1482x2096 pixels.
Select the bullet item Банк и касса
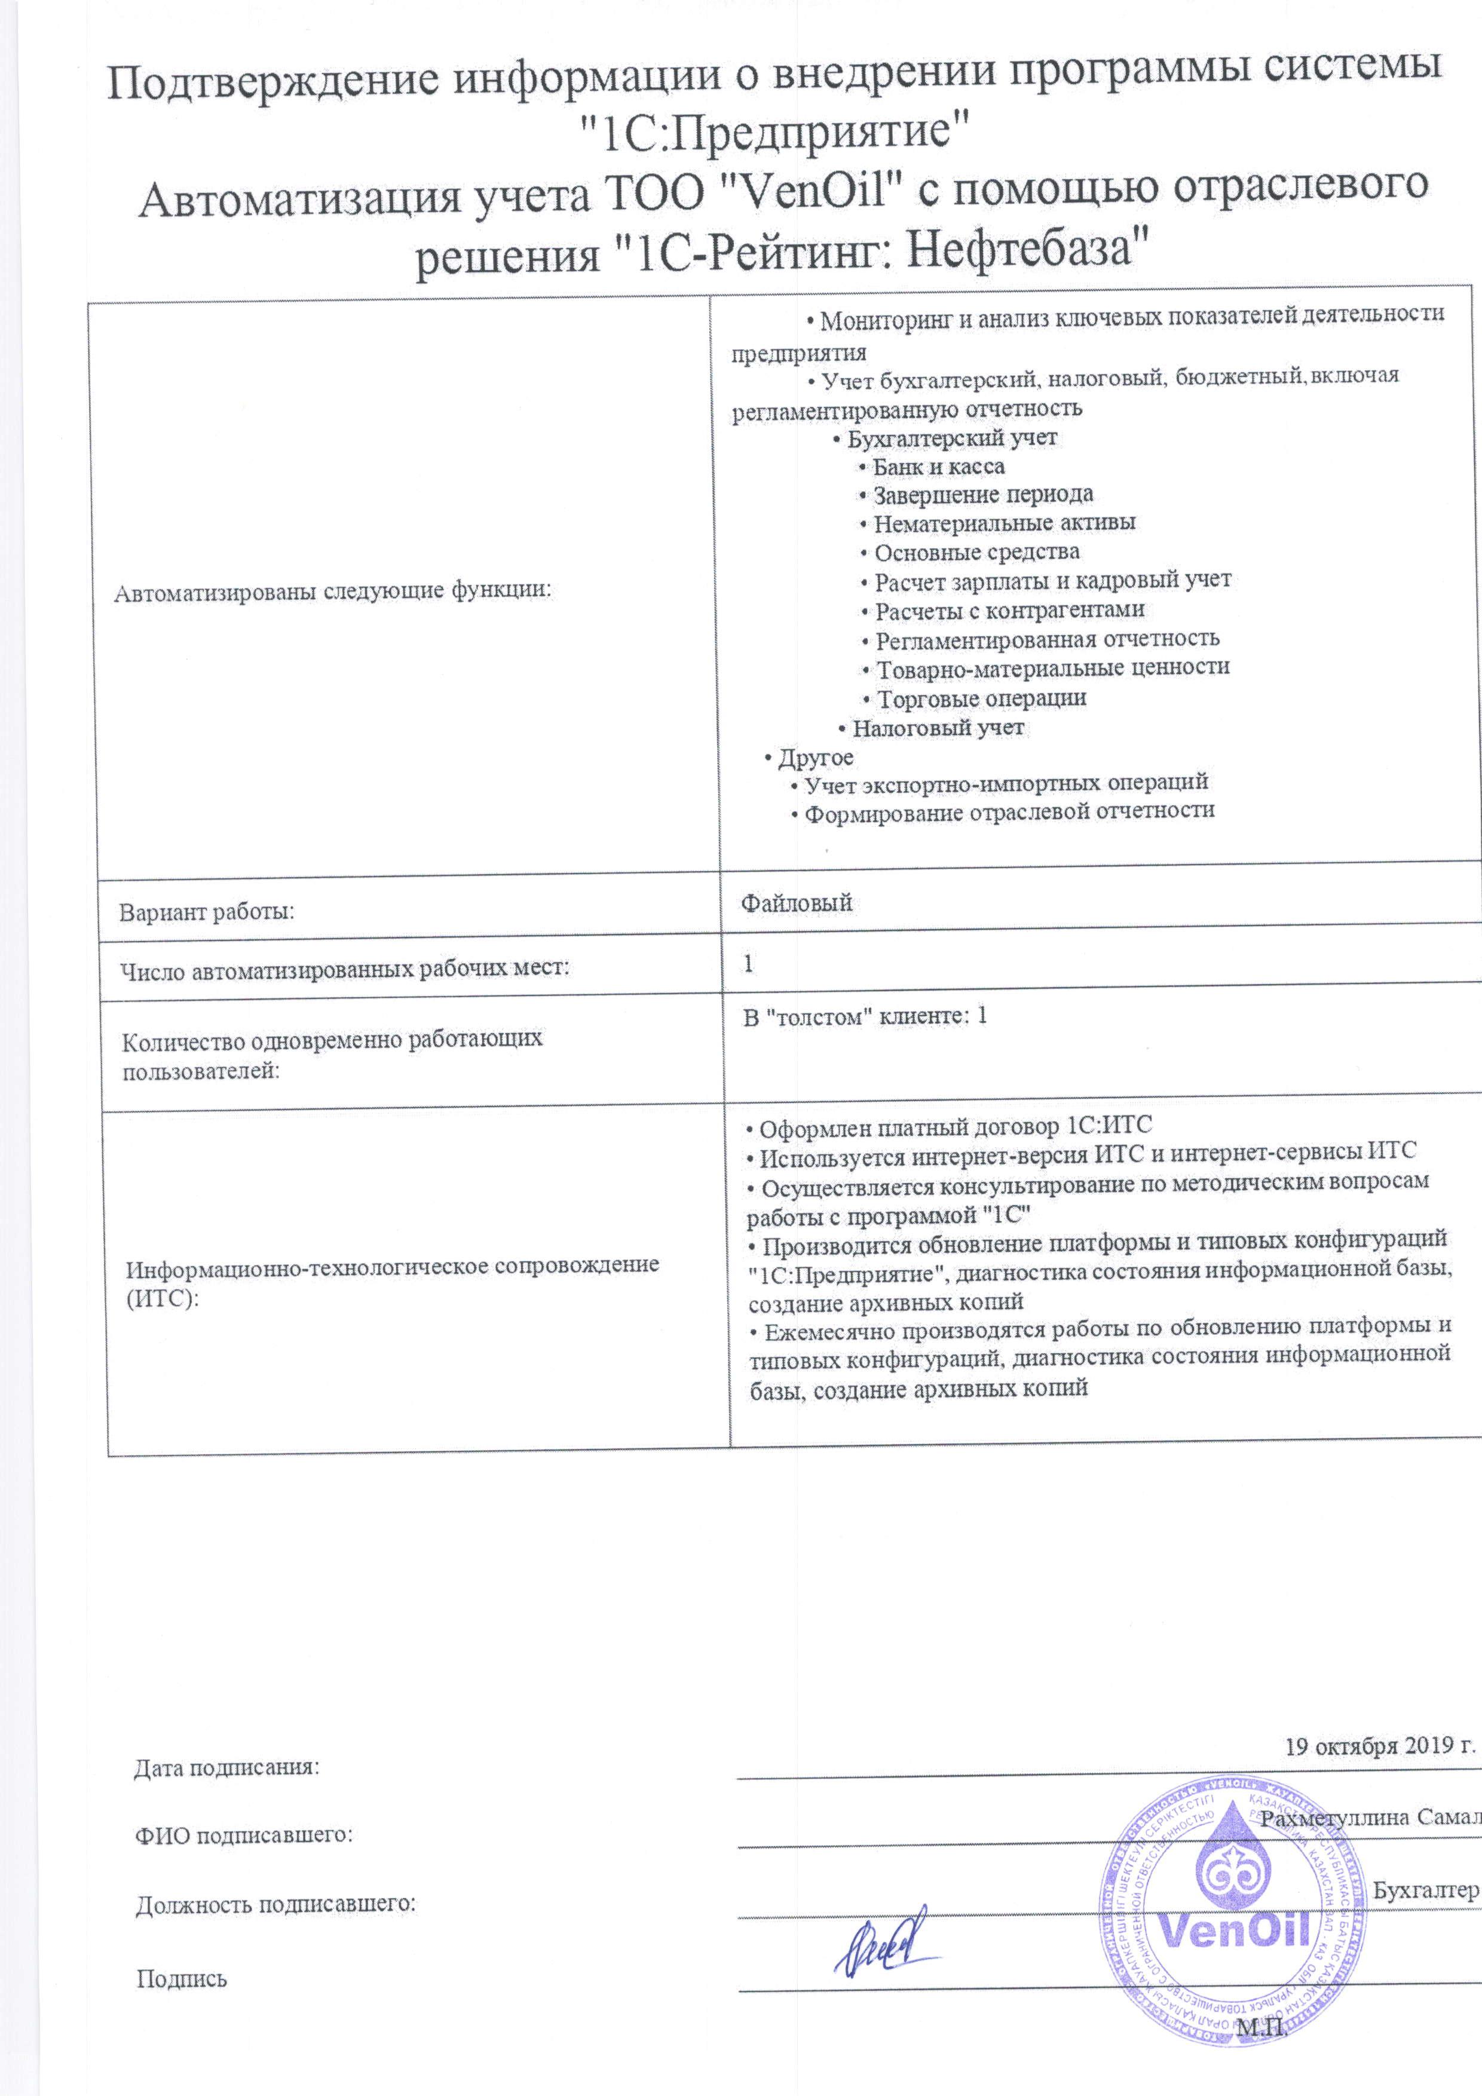tap(938, 467)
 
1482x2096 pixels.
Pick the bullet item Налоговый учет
tap(938, 728)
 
